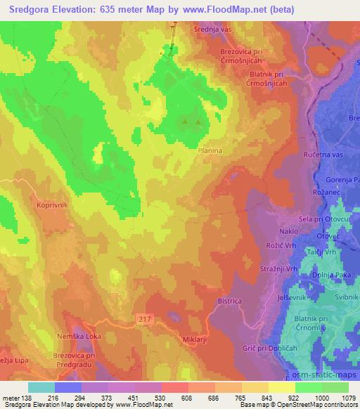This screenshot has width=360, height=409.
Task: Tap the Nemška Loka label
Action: pos(79,337)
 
